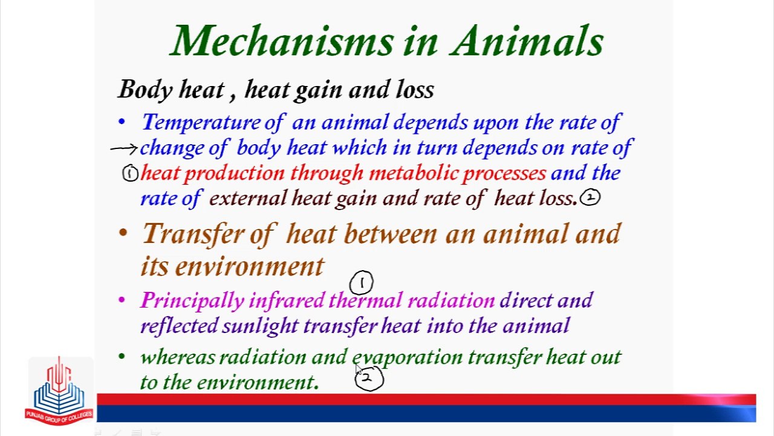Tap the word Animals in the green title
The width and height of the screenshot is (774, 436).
[527, 41]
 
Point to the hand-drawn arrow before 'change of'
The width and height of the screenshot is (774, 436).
[124, 148]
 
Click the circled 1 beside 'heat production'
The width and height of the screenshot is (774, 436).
[130, 174]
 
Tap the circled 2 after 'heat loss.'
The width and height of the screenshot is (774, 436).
[590, 197]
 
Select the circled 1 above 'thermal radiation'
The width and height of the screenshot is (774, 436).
[362, 282]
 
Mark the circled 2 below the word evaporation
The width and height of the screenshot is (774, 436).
[369, 378]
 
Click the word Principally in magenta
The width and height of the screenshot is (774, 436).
[192, 300]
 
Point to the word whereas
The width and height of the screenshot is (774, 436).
[177, 357]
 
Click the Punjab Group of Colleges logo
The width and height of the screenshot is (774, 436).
[59, 391]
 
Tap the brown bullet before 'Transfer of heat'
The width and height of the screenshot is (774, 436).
[123, 233]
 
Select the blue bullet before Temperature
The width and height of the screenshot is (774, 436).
[122, 122]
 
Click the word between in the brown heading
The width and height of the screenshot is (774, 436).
[390, 234]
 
